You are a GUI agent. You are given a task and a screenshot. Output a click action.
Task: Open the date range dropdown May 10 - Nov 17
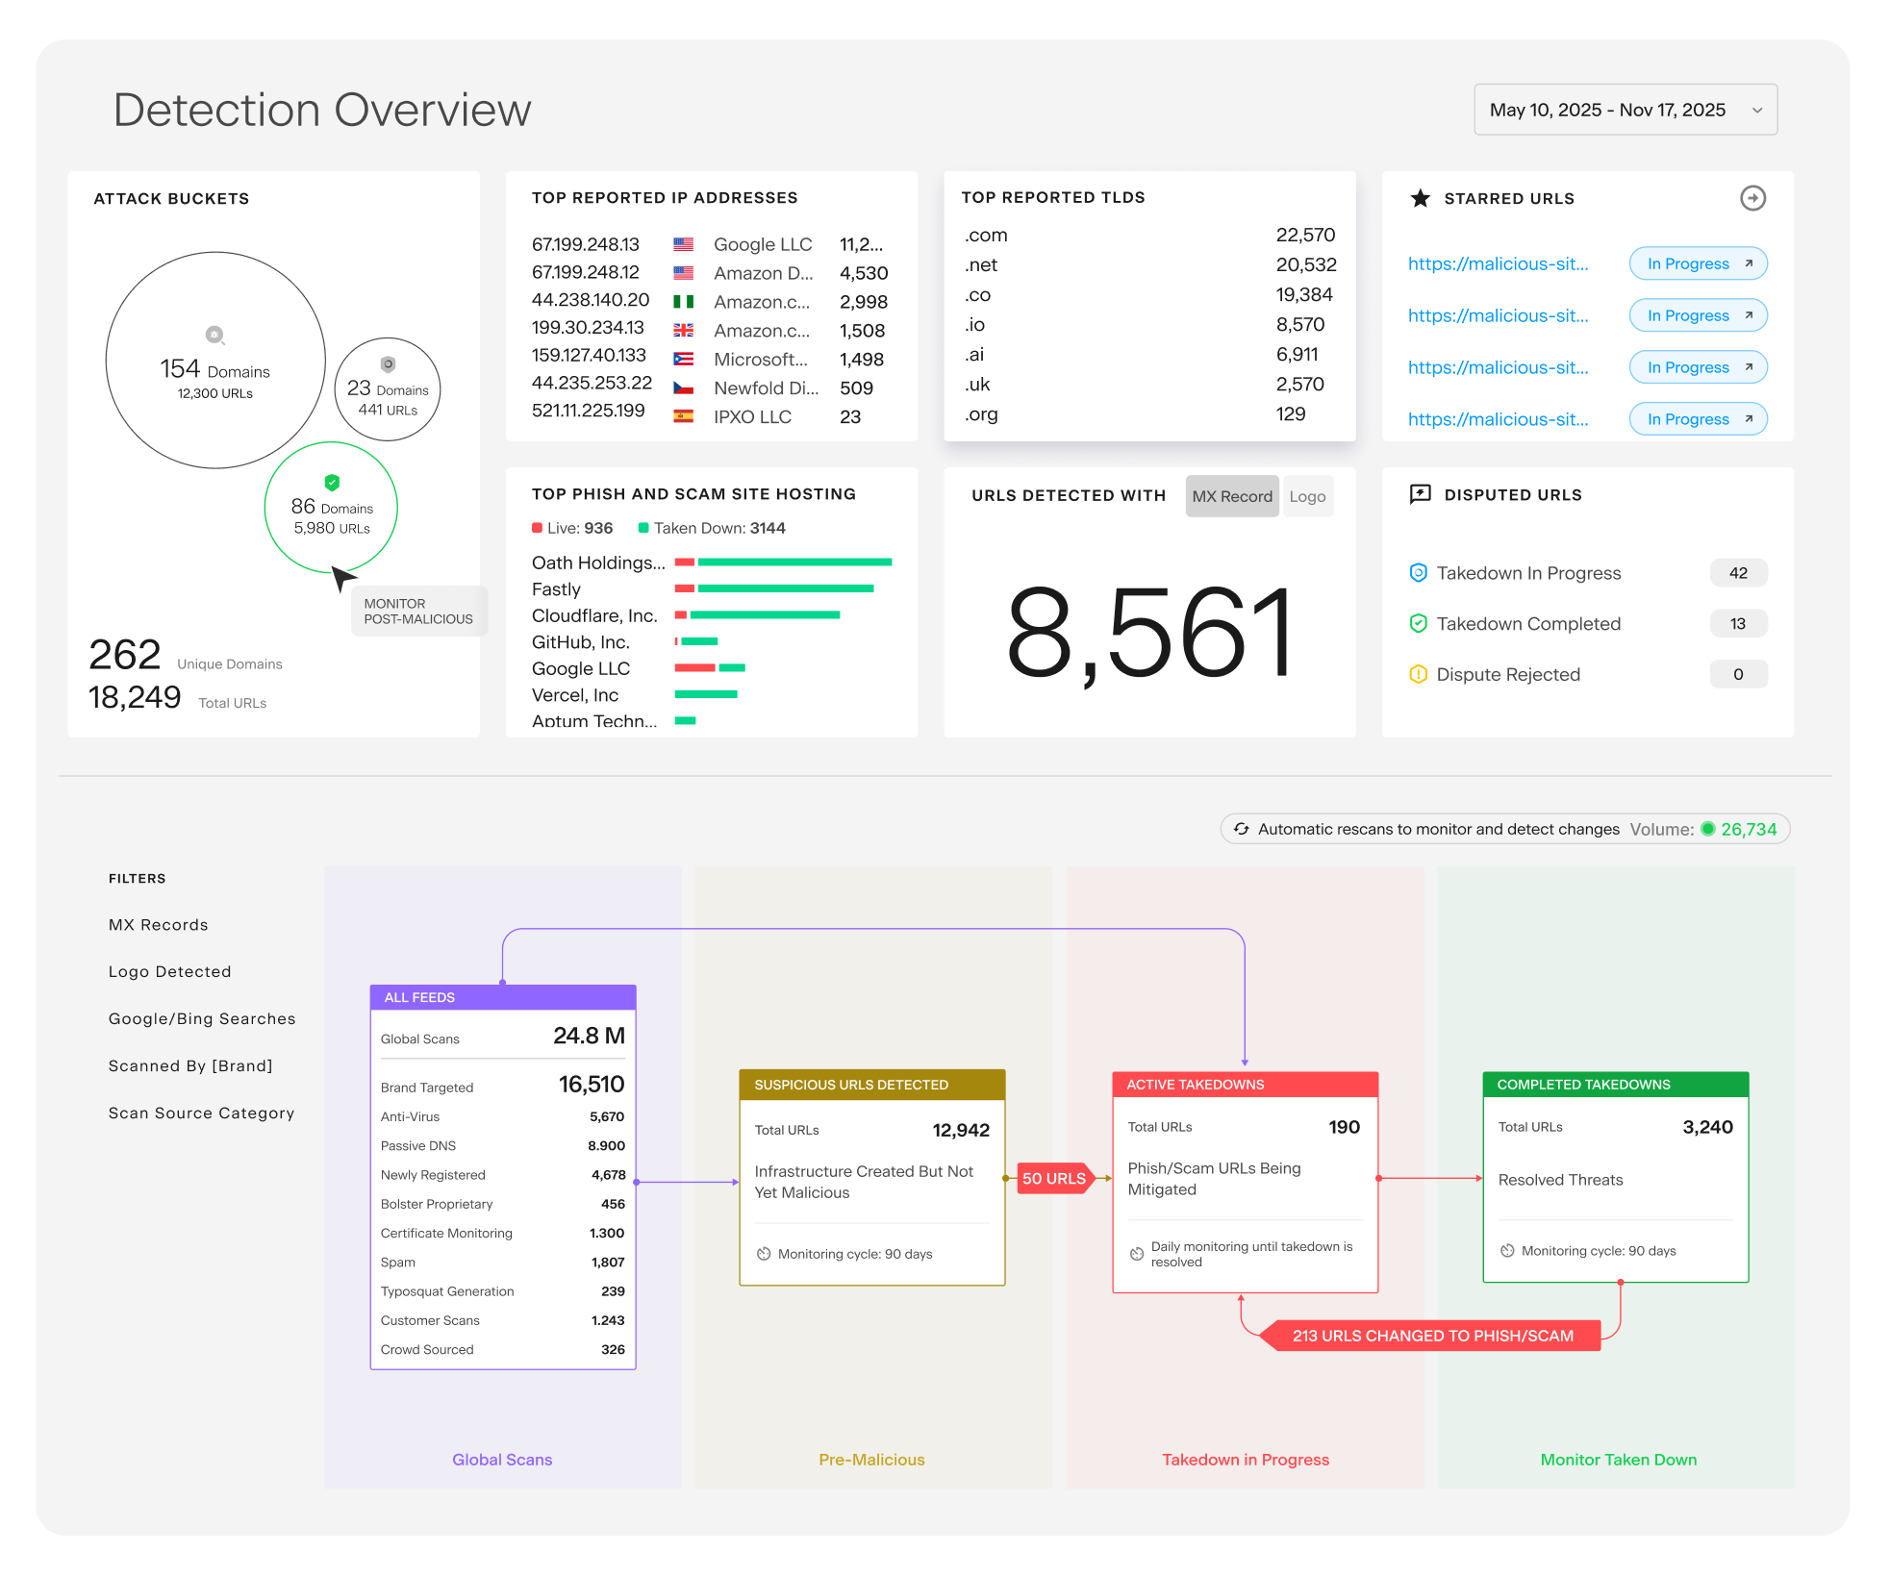click(1625, 110)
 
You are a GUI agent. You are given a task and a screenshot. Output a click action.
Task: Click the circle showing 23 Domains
click(388, 389)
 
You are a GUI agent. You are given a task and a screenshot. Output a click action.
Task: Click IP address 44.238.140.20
click(591, 300)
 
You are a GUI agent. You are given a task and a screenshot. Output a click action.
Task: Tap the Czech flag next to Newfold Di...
click(683, 388)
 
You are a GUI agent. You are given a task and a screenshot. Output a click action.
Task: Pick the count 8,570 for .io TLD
click(1299, 325)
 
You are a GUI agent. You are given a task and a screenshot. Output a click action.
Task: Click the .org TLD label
click(981, 414)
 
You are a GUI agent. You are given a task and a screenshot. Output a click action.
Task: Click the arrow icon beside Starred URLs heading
click(1752, 198)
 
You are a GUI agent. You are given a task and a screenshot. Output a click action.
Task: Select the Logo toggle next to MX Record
click(1306, 496)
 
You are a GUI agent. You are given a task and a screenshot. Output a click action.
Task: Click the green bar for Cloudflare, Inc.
click(765, 615)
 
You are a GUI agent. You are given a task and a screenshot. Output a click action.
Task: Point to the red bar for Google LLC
click(694, 668)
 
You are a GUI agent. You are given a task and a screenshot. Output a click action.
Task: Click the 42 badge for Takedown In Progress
click(1737, 573)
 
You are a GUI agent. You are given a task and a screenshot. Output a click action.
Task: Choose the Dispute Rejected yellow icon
click(1418, 674)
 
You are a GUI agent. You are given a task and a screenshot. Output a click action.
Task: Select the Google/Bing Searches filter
click(202, 1019)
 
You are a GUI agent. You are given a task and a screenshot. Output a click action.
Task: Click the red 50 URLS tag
click(1054, 1178)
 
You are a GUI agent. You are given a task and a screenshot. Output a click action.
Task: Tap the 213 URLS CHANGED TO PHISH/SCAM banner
click(1432, 1336)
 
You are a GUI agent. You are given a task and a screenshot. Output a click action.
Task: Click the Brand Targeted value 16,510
click(591, 1085)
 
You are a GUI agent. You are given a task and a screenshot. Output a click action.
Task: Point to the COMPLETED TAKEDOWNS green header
click(1615, 1085)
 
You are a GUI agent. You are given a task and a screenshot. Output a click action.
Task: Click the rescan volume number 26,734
click(1749, 829)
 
